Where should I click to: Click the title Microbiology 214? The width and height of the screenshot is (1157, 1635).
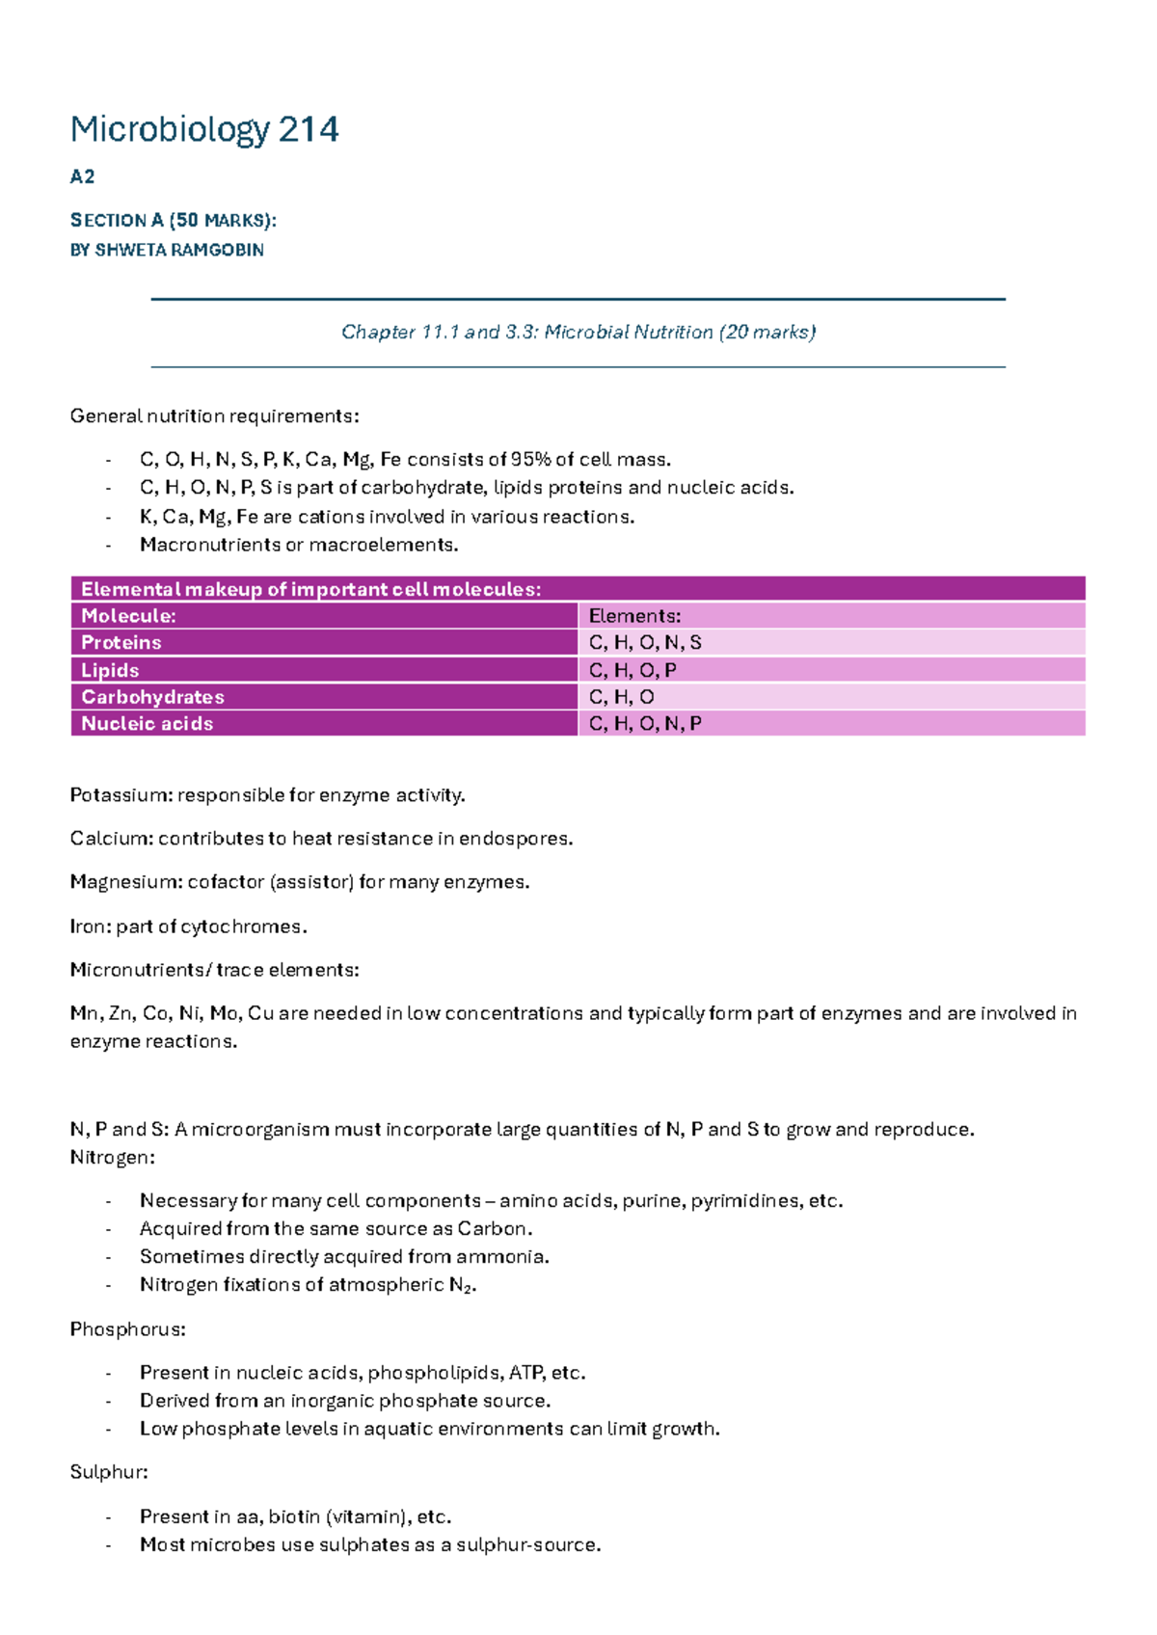pos(203,129)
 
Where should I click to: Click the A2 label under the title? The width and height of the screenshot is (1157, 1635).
pos(82,176)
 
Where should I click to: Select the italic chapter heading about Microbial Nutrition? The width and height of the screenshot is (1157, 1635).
pos(578,332)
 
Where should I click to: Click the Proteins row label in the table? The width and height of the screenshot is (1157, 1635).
pos(121,642)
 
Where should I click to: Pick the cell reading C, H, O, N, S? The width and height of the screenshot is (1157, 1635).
pos(645,642)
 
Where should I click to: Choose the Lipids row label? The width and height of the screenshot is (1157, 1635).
pos(110,670)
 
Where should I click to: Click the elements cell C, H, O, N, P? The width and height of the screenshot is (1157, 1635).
pos(645,723)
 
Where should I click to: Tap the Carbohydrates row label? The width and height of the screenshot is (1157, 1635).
pos(152,697)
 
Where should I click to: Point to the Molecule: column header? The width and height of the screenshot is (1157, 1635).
pos(128,616)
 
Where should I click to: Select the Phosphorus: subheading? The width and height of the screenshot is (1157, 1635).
pos(127,1329)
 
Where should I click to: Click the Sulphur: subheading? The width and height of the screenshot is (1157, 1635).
pos(109,1472)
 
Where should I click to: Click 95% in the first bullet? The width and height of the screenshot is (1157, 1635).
pos(530,459)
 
